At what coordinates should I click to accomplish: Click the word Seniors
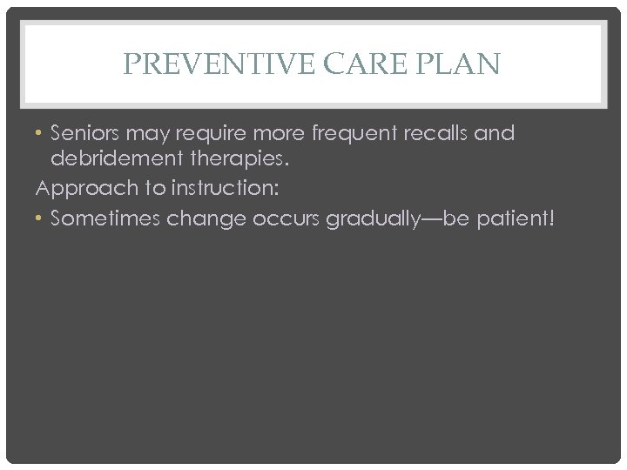click(x=86, y=135)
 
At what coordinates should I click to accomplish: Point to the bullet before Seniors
click(x=41, y=136)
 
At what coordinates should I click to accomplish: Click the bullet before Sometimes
click(x=41, y=219)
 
